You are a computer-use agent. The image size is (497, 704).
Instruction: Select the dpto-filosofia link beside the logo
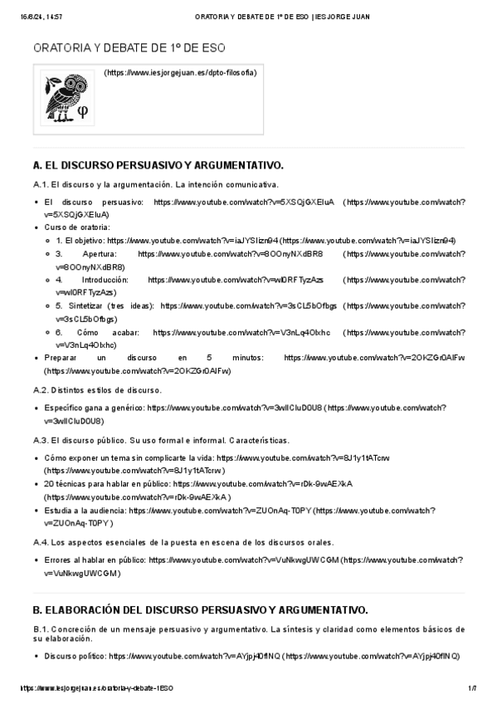tap(180, 73)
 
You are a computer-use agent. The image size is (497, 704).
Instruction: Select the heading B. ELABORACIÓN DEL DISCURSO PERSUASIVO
tap(199, 610)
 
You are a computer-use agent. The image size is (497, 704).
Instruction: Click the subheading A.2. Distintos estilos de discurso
tap(97, 389)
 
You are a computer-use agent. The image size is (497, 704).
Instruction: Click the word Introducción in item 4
tap(105, 281)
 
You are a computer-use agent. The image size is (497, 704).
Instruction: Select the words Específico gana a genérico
tap(95, 408)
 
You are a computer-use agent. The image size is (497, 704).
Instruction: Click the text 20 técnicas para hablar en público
tap(106, 483)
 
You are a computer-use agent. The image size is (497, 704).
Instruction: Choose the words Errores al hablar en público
tap(95, 560)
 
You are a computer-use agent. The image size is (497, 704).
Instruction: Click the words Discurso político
tap(75, 656)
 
